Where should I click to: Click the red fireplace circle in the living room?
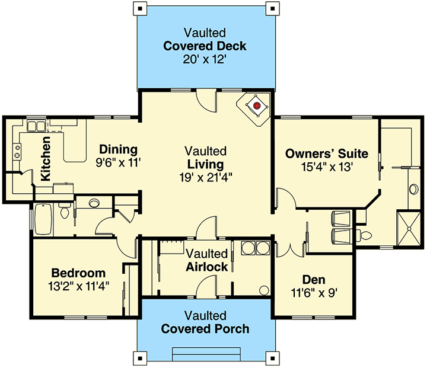coord(257,106)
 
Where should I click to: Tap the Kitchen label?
coord(46,159)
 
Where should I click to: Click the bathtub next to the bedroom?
coord(44,219)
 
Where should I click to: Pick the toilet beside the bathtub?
coord(65,210)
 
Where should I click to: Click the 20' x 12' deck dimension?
coord(206,60)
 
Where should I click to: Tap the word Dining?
coord(118,149)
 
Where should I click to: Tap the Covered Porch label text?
coord(205,329)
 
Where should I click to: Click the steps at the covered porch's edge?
coord(205,354)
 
